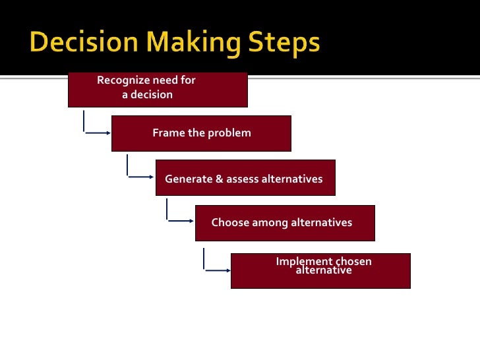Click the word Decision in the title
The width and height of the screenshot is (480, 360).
[x=84, y=42]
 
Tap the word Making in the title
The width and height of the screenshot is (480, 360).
[x=193, y=43]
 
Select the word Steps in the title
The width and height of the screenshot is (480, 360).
[x=284, y=43]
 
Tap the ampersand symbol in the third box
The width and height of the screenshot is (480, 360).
[x=219, y=179]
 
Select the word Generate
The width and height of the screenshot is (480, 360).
[x=189, y=179]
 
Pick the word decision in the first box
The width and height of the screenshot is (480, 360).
[x=152, y=94]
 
